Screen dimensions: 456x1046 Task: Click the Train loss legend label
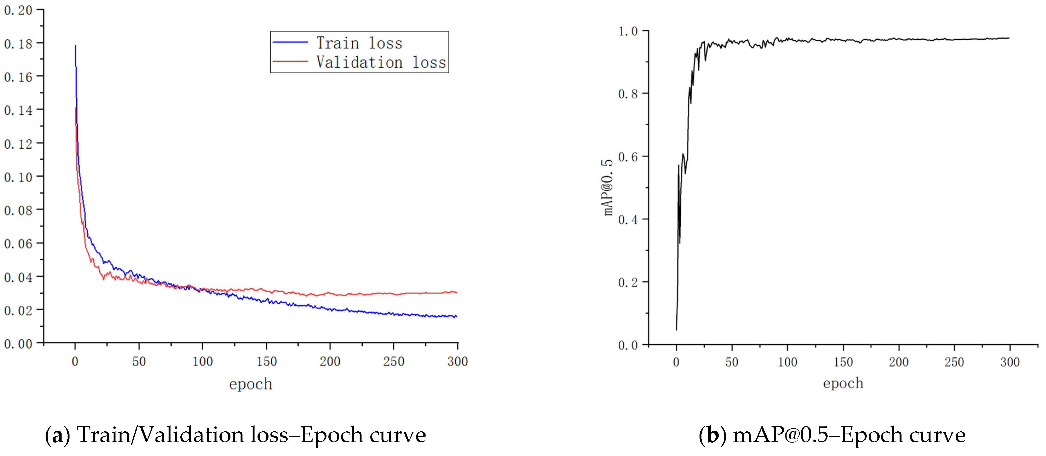(x=359, y=43)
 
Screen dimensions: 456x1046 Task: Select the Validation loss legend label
(x=381, y=62)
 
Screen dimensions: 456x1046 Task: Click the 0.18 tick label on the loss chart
(x=18, y=44)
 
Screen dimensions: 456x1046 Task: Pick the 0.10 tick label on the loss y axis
(x=18, y=177)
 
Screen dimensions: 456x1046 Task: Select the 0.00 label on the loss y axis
(x=18, y=344)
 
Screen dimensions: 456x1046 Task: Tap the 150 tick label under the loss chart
(x=266, y=361)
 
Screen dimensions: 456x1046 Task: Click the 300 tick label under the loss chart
(x=457, y=361)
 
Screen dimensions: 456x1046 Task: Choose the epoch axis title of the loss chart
(x=250, y=384)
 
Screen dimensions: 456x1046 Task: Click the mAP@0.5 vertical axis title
(x=608, y=187)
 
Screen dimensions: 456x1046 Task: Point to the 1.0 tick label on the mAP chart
(x=628, y=31)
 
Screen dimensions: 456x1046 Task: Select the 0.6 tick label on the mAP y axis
(x=628, y=157)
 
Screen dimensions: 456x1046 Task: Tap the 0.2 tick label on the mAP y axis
(x=628, y=282)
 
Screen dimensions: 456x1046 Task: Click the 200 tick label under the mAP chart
(x=898, y=362)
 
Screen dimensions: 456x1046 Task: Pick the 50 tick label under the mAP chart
(x=732, y=362)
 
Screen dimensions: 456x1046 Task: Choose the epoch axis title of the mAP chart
(x=843, y=383)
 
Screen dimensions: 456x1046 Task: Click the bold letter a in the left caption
(x=57, y=435)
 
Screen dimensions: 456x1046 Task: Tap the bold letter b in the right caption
(x=712, y=435)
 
